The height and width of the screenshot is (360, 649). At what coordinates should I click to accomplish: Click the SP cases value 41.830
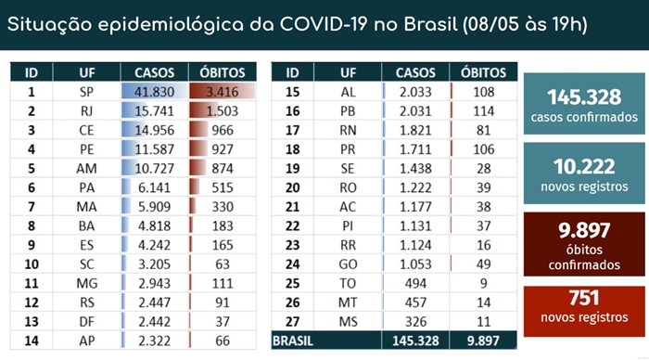pos(154,92)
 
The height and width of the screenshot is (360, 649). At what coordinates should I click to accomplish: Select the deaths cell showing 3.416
pos(223,92)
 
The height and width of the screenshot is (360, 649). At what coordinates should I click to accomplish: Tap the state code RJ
pos(86,111)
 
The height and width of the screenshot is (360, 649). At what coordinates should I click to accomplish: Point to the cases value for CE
pos(154,130)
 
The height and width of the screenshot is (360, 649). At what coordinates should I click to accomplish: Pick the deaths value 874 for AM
pos(223,168)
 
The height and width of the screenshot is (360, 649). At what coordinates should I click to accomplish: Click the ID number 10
pos(32,264)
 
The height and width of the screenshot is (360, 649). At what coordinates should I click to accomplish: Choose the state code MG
pos(86,283)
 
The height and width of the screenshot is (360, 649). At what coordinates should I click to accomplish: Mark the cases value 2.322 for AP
pos(154,341)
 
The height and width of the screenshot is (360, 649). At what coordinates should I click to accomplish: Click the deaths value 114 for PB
pos(483,111)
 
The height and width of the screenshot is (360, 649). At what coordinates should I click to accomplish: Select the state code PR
pos(348,149)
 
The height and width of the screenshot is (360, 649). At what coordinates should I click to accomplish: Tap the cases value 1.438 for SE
pos(415,168)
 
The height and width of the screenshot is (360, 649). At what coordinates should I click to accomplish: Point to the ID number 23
pos(292,245)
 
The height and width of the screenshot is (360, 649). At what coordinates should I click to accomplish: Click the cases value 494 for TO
pos(415,283)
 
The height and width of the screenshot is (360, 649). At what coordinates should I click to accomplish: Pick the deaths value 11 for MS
pos(483,321)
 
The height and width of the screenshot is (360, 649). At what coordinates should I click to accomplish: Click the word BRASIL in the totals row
pos(293,341)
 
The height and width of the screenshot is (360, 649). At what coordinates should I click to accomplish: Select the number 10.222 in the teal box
pos(584,166)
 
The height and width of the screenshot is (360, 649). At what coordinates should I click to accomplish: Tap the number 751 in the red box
pos(584,298)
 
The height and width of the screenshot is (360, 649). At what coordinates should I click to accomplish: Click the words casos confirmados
pos(584,117)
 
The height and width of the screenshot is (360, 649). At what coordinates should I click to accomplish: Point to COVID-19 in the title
pos(324,24)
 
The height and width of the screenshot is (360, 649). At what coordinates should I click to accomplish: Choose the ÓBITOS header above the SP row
pos(223,72)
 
